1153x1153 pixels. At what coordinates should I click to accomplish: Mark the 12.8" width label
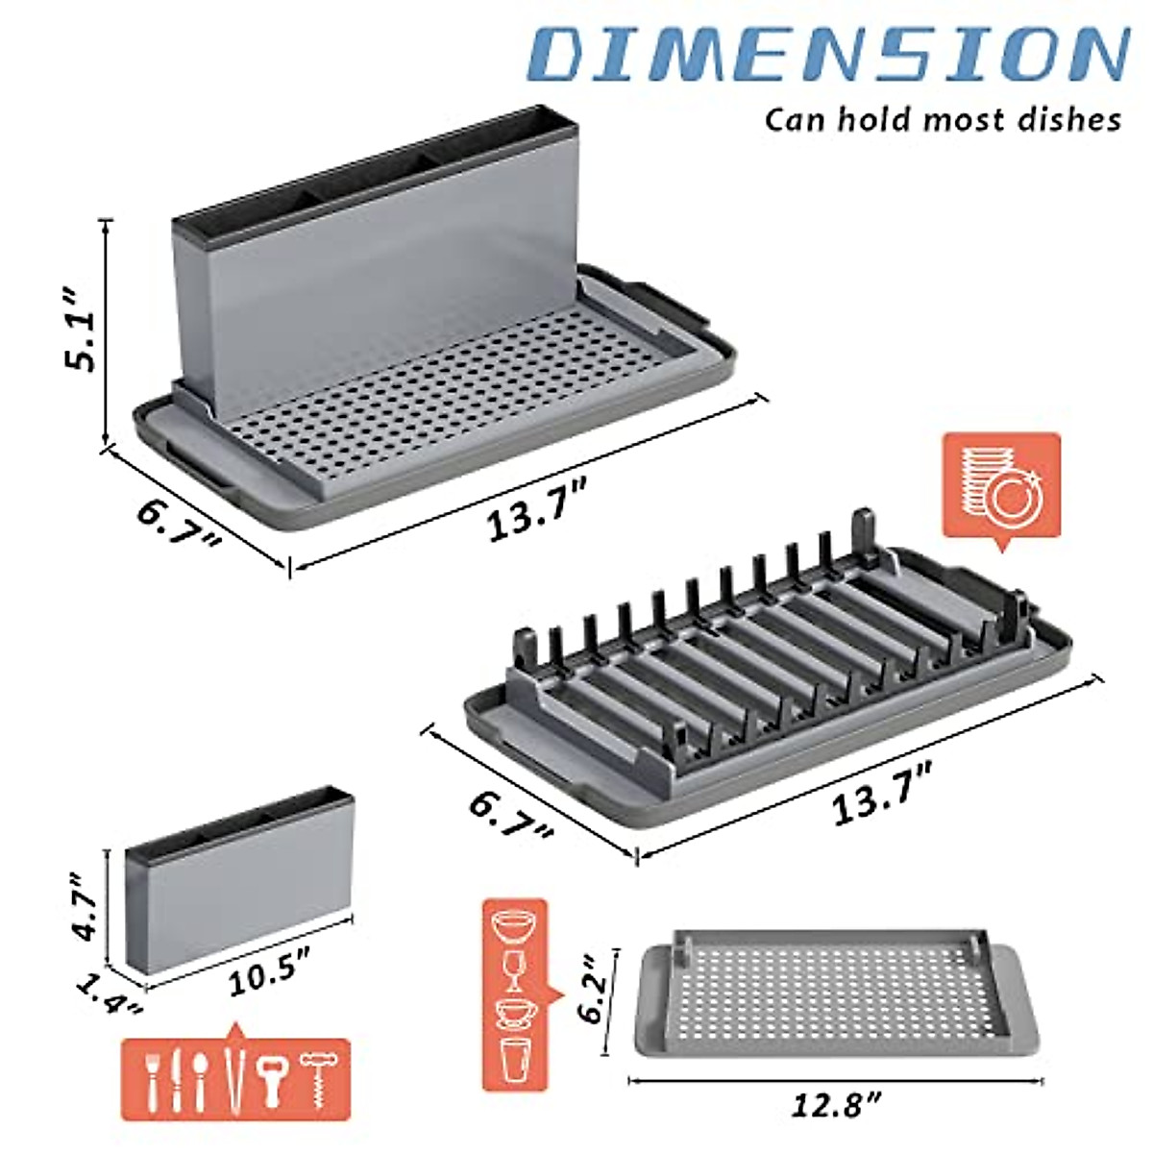tap(835, 1106)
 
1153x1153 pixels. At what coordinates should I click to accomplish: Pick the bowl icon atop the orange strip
tap(513, 927)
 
